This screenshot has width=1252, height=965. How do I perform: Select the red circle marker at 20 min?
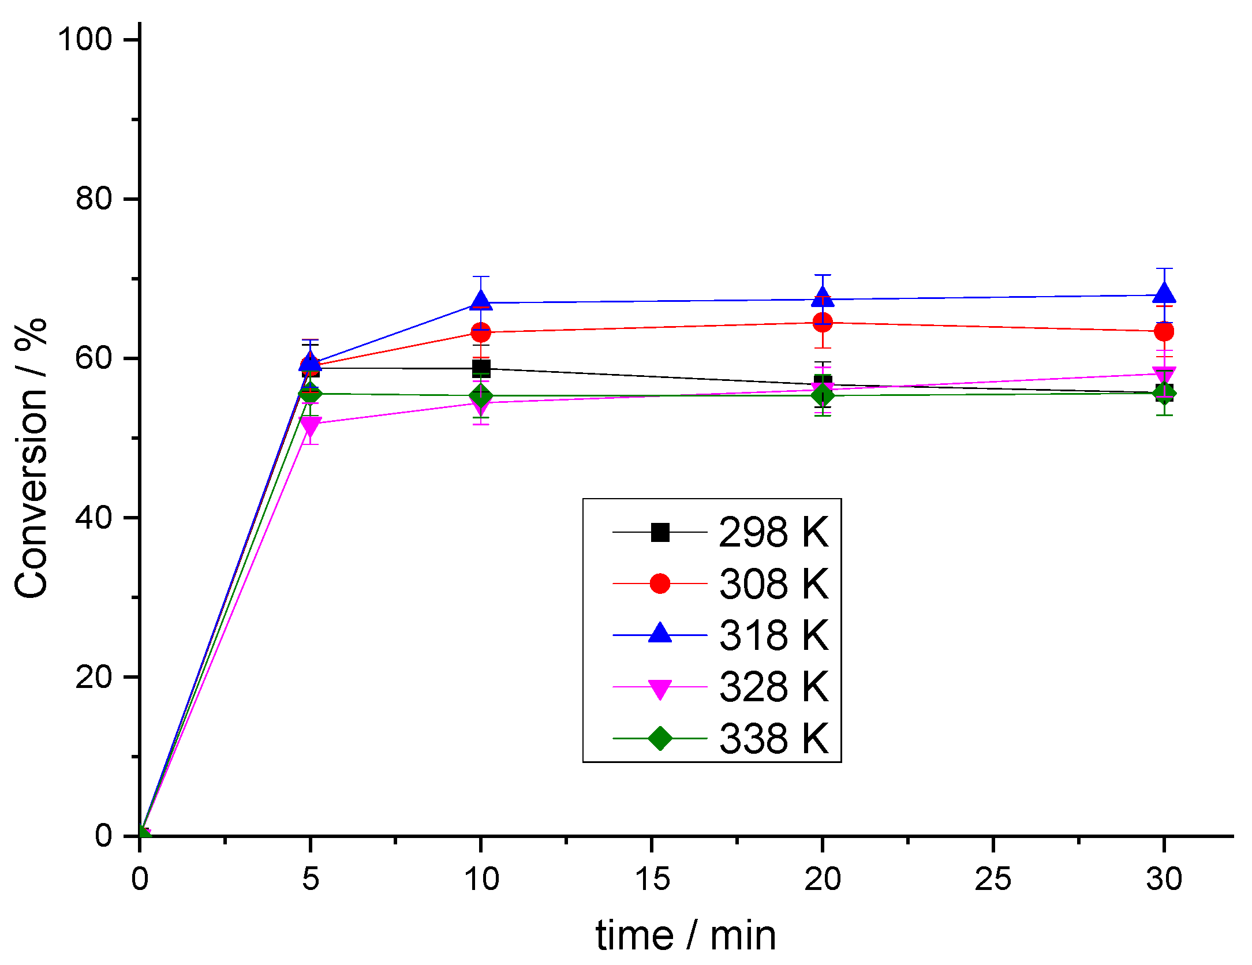click(822, 322)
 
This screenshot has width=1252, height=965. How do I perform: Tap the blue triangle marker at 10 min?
click(480, 301)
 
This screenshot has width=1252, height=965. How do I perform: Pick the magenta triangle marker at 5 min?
click(310, 426)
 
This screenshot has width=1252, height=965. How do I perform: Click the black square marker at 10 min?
click(480, 368)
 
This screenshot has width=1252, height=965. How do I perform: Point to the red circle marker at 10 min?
click(480, 332)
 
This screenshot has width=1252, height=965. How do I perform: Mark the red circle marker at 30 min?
click(1164, 331)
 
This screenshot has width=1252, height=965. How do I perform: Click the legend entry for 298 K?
click(773, 532)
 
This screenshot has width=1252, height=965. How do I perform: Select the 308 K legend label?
click(773, 584)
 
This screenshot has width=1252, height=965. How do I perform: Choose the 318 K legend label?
click(773, 635)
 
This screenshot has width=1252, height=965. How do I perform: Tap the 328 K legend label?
click(773, 687)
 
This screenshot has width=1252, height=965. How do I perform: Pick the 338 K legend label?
click(773, 738)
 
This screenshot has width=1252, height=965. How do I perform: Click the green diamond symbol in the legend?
click(660, 738)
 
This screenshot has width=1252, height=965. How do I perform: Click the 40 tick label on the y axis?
click(94, 517)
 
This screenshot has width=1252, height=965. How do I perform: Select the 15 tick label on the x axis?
click(652, 879)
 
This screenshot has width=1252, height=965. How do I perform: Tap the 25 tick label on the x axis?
click(993, 879)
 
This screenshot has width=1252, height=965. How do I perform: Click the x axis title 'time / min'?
click(686, 936)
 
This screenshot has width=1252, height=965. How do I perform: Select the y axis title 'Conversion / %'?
click(32, 459)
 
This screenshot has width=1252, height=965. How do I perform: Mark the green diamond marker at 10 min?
click(480, 397)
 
